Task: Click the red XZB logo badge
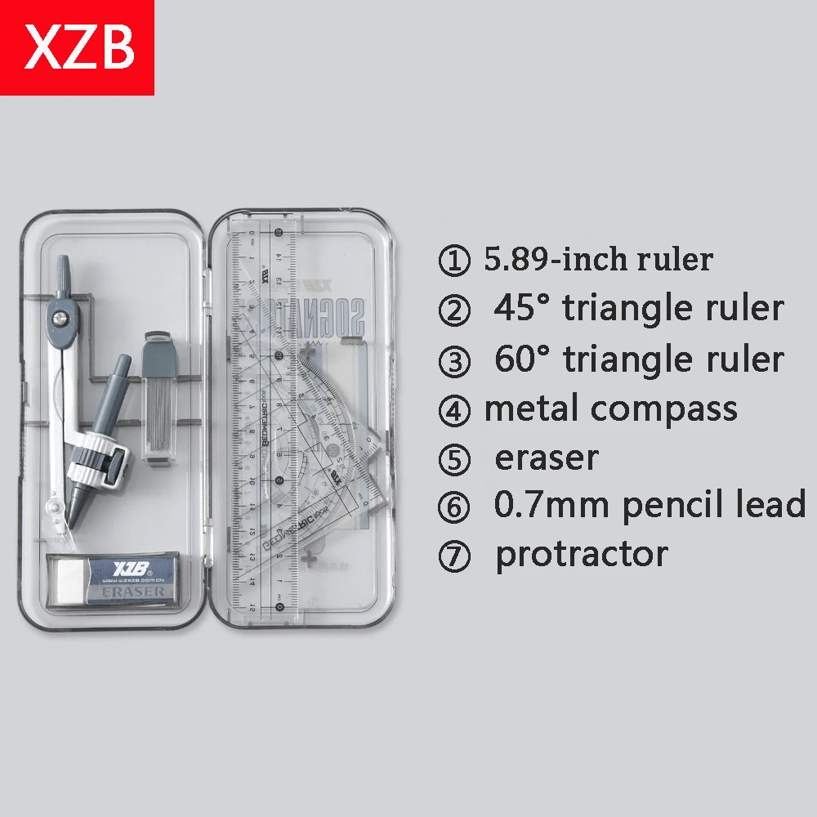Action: tap(77, 47)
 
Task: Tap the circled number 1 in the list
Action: tap(454, 261)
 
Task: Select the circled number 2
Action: tap(454, 310)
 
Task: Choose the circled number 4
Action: tap(454, 408)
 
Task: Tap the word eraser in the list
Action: tap(547, 458)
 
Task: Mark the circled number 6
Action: tap(454, 507)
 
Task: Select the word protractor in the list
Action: tap(582, 554)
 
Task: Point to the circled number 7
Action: tap(454, 556)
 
